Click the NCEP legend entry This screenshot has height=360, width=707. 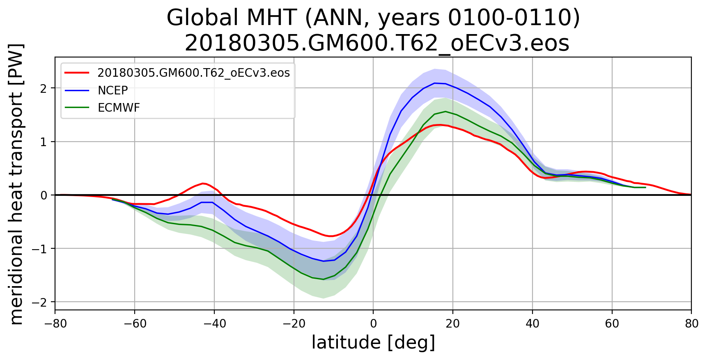112,90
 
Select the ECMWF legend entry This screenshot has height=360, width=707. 119,108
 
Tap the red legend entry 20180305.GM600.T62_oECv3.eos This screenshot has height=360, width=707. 193,73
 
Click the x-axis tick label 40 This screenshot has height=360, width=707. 533,324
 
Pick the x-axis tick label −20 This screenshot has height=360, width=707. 294,324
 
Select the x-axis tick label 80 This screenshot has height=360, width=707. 691,324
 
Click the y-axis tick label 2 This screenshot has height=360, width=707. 43,88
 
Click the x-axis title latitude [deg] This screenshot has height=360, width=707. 373,343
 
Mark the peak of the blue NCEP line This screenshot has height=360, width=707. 434,83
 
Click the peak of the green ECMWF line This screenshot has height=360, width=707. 445,111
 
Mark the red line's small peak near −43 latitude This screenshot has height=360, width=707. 203,183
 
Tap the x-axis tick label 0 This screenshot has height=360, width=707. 373,324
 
